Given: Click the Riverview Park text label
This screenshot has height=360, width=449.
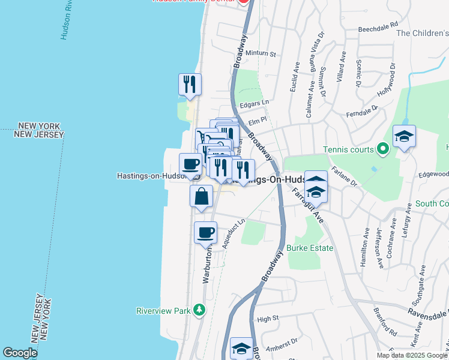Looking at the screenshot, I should pos(163,310).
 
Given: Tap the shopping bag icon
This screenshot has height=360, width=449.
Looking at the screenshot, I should pos(201,196).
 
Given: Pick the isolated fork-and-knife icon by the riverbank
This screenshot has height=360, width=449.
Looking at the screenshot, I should pos(190,84).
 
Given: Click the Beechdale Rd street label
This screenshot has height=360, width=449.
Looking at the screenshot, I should pos(378,28).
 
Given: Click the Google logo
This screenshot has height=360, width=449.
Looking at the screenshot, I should pos(20,353).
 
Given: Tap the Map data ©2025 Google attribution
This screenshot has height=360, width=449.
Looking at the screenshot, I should pos(412,355).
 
